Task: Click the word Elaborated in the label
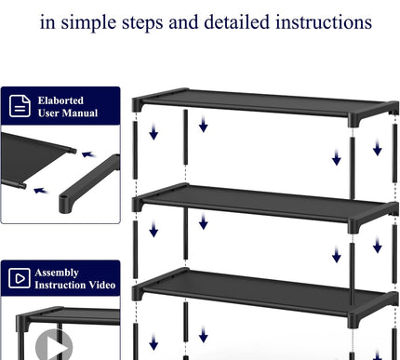click(x=60, y=100)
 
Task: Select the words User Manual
click(x=68, y=113)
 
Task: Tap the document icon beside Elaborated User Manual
click(x=20, y=106)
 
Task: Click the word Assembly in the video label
click(x=58, y=273)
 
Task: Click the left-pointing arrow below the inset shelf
click(x=38, y=189)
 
